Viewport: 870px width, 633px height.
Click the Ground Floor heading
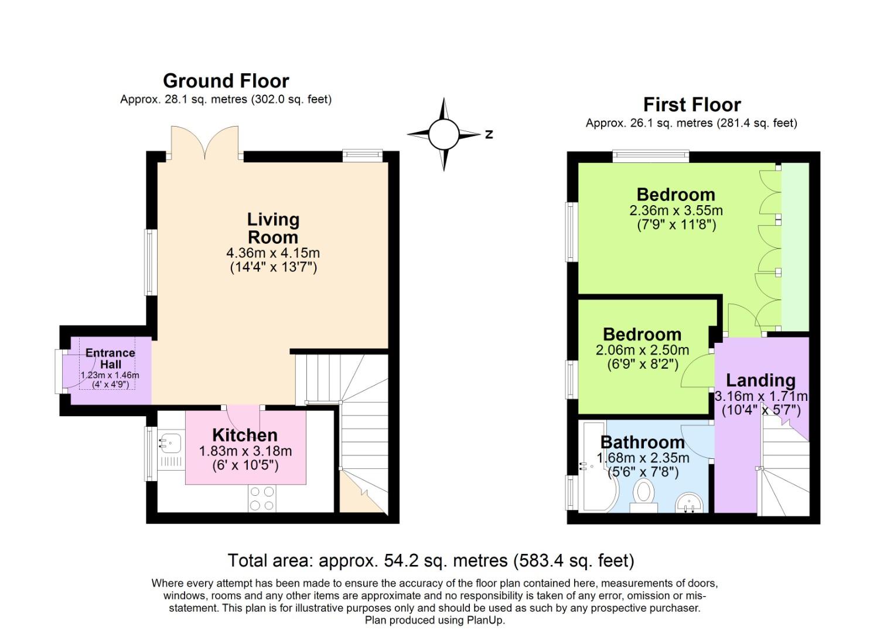pos(226,81)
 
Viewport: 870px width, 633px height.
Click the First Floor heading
pos(691,105)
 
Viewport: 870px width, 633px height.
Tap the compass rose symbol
pos(443,134)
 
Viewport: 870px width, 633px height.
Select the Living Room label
pos(273,228)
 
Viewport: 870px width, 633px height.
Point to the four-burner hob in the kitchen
pos(261,499)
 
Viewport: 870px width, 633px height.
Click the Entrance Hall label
pos(110,358)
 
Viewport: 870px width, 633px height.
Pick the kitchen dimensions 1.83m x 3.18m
pos(245,451)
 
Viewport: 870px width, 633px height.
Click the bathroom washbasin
pos(690,502)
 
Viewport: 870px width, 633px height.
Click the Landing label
pos(760,380)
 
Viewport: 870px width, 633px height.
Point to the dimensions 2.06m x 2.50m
pos(642,350)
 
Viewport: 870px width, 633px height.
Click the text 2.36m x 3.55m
pos(676,210)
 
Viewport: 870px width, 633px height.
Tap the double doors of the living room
pos(205,142)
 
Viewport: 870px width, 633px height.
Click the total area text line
pos(431,561)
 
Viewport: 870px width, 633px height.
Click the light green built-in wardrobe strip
pos(796,246)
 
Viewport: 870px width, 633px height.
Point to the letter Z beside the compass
pos(489,134)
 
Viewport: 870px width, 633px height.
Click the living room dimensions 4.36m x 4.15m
pos(273,253)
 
